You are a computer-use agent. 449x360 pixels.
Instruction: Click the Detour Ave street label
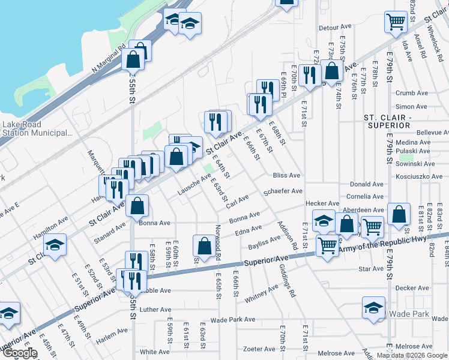point(335,28)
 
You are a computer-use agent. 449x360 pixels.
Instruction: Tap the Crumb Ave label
point(411,93)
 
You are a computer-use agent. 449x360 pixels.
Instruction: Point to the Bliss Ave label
point(286,176)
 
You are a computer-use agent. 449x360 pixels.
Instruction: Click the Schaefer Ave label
point(283,191)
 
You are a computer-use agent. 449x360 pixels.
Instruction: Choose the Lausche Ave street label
point(194,185)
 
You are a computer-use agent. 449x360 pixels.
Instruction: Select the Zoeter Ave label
point(259,349)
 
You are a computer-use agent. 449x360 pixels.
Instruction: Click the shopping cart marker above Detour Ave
point(396,22)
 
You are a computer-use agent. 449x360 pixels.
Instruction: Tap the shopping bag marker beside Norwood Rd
point(204,245)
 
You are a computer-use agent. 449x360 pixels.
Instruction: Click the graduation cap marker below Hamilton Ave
point(55,245)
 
